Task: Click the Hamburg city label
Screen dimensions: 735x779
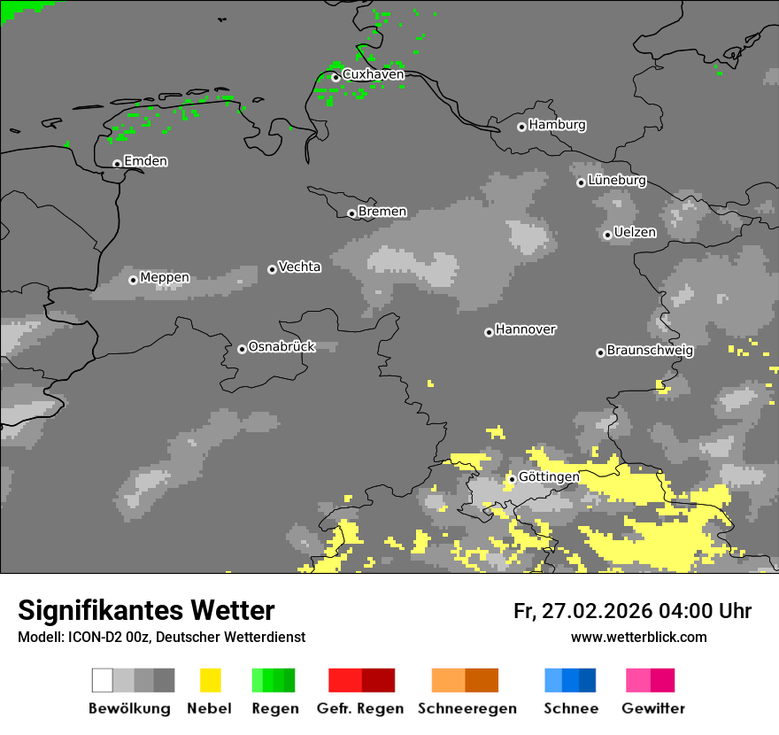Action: pyautogui.click(x=557, y=125)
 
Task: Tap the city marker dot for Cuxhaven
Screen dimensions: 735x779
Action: pyautogui.click(x=336, y=78)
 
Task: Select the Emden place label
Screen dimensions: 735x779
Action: pyautogui.click(x=145, y=161)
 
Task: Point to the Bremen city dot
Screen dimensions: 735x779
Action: pyautogui.click(x=351, y=213)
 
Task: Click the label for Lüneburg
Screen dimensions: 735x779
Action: pyautogui.click(x=616, y=180)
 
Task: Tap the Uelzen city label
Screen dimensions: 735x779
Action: pyautogui.click(x=635, y=232)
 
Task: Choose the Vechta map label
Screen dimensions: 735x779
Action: pyautogui.click(x=299, y=267)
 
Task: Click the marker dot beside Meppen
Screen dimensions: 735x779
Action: pyautogui.click(x=133, y=280)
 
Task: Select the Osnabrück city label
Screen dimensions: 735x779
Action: pyautogui.click(x=282, y=346)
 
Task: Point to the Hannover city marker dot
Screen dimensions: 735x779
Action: pyautogui.click(x=489, y=332)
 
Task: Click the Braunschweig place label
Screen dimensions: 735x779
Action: pyautogui.click(x=650, y=350)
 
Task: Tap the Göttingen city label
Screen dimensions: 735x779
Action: pyautogui.click(x=549, y=476)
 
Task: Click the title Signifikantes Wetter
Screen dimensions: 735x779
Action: pyautogui.click(x=146, y=611)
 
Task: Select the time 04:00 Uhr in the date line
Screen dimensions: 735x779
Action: pyautogui.click(x=705, y=611)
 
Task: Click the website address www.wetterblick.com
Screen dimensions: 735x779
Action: pyautogui.click(x=638, y=637)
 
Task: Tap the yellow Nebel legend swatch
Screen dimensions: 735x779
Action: pyautogui.click(x=210, y=680)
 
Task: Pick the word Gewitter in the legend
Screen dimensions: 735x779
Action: pyautogui.click(x=653, y=708)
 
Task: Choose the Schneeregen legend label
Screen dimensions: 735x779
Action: pyautogui.click(x=467, y=708)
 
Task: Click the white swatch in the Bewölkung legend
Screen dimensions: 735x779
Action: pyautogui.click(x=102, y=680)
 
